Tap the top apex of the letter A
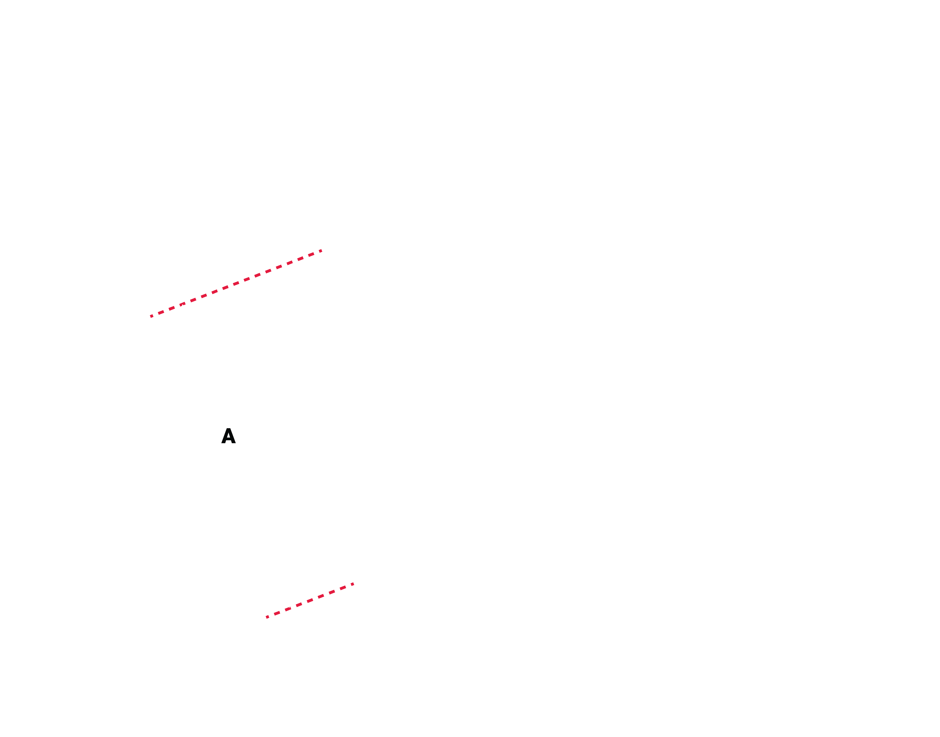point(228,428)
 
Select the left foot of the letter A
point(223,443)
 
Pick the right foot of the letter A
point(234,443)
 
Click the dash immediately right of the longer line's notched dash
point(193,300)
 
